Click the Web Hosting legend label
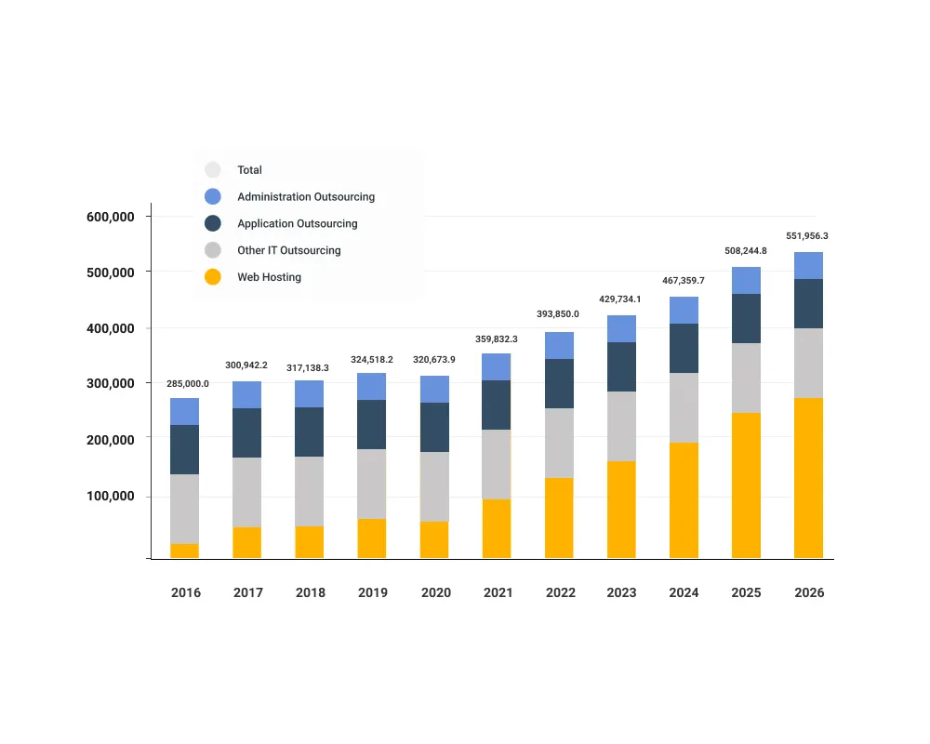pyautogui.click(x=269, y=277)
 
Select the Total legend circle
pyautogui.click(x=213, y=170)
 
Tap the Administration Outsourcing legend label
pyautogui.click(x=306, y=197)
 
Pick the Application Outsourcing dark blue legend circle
pyautogui.click(x=213, y=223)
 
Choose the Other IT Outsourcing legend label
pyautogui.click(x=288, y=250)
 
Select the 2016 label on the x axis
pyautogui.click(x=186, y=592)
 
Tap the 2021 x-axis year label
pyautogui.click(x=498, y=592)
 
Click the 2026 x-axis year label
pyautogui.click(x=809, y=592)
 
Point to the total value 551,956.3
pyautogui.click(x=807, y=236)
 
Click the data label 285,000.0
pyautogui.click(x=188, y=383)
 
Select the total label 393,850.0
pyautogui.click(x=558, y=314)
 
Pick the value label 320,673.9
pyautogui.click(x=433, y=359)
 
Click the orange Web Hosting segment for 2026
pyautogui.click(x=808, y=478)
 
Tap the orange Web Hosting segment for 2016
pyautogui.click(x=185, y=551)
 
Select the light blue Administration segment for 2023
pyautogui.click(x=621, y=329)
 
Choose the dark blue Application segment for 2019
pyautogui.click(x=372, y=425)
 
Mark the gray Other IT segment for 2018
pyautogui.click(x=310, y=491)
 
